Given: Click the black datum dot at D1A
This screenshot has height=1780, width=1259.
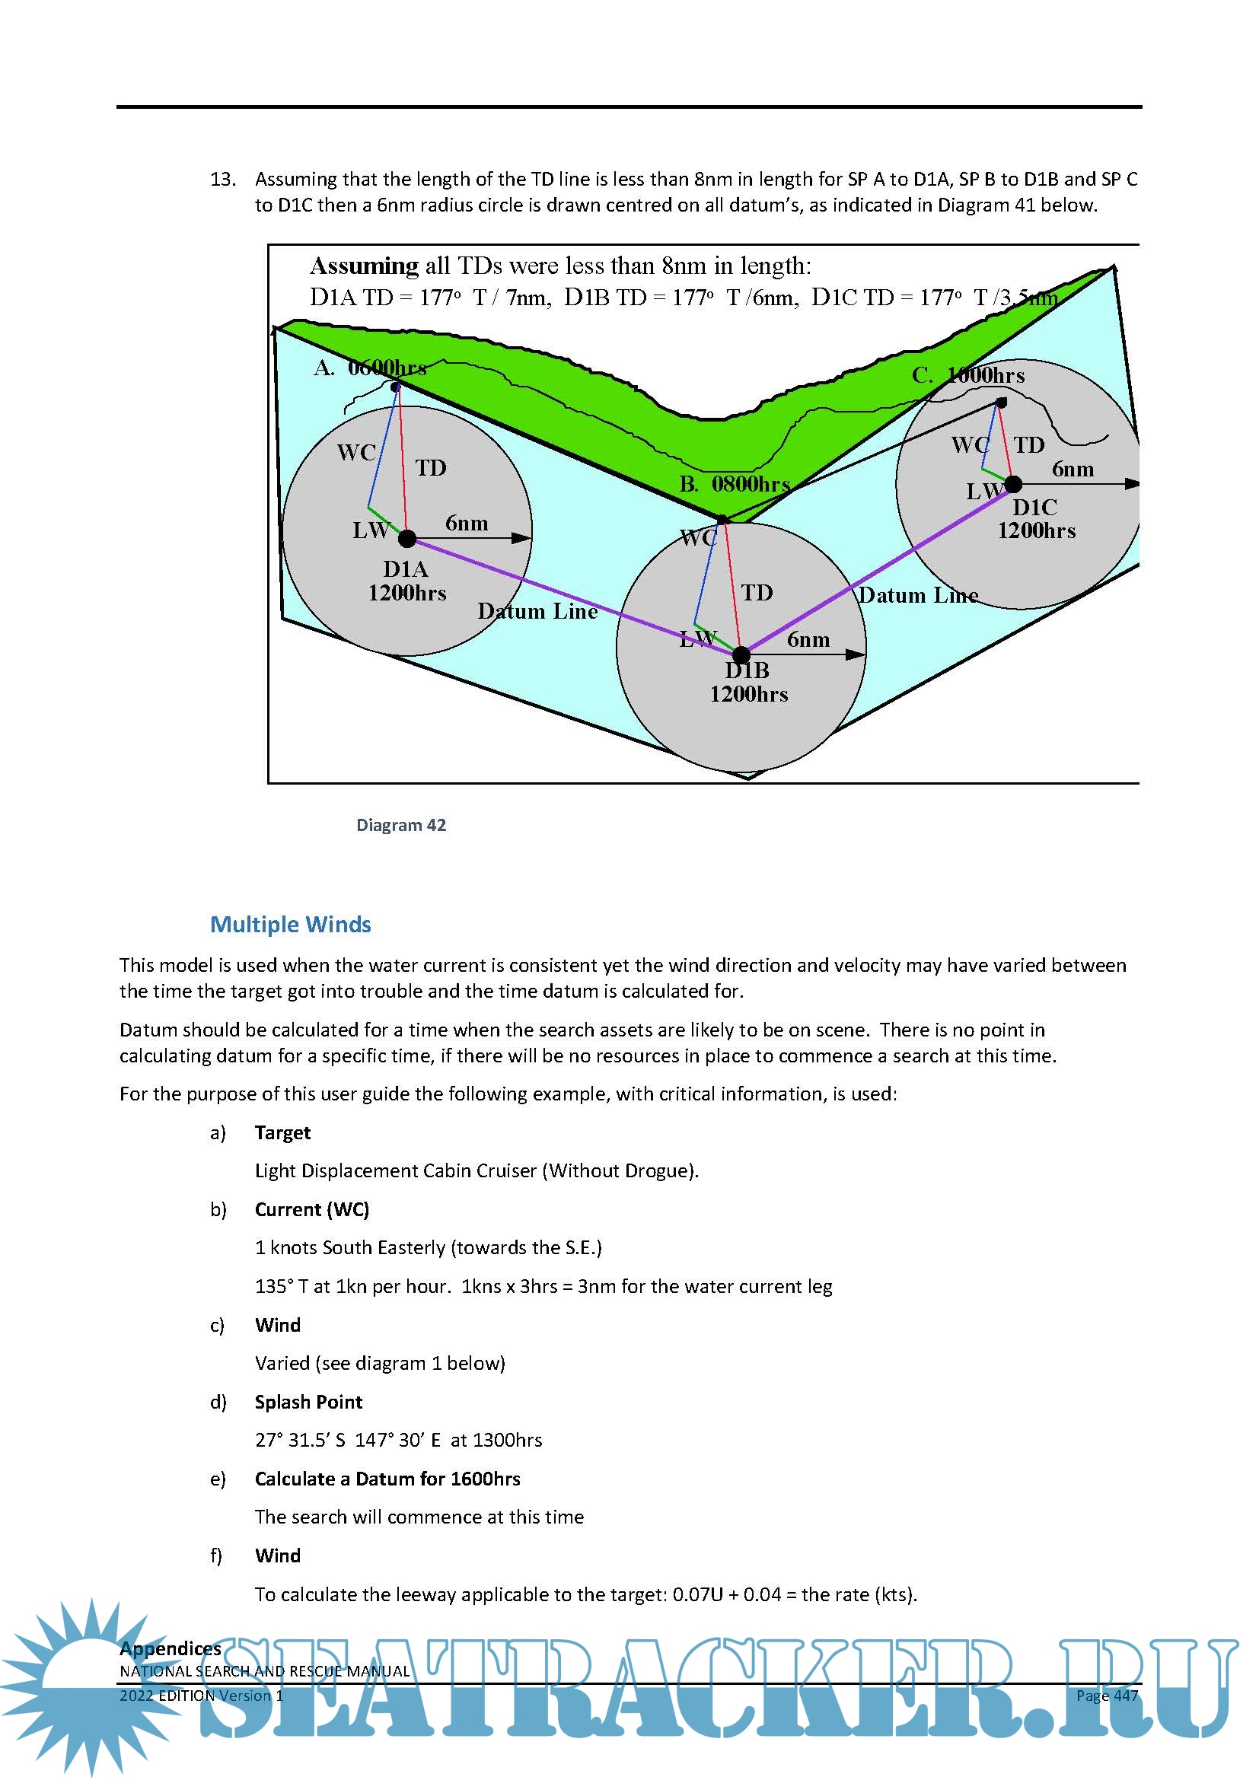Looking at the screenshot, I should point(407,538).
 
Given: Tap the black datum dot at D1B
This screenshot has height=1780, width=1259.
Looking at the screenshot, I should point(741,655).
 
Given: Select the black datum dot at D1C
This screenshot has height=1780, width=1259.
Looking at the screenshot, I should point(1013,485).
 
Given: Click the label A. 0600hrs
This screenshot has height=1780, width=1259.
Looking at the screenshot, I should point(370,368).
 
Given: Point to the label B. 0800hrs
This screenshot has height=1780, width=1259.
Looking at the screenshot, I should point(734,485).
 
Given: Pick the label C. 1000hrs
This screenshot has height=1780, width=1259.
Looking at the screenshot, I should point(968,376).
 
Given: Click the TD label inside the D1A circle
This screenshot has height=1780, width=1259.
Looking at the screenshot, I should point(430,468).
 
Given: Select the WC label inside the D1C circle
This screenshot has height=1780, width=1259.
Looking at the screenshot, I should point(970,445).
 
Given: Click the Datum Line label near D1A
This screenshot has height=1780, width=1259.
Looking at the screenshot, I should point(537,612).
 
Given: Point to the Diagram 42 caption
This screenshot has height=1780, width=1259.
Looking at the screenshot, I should point(401,825).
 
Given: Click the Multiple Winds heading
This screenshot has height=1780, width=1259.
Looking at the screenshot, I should point(291,924).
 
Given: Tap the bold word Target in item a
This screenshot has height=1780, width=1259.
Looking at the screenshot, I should point(282,1132).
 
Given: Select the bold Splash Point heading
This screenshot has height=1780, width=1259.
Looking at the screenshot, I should point(308,1402).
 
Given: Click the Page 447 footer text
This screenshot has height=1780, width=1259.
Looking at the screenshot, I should point(1106,1696).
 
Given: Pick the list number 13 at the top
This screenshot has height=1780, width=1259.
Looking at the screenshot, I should point(222,180).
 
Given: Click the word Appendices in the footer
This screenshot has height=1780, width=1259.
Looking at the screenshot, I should point(171,1648).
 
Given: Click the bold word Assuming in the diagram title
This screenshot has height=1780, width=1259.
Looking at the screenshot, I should point(364,266).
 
